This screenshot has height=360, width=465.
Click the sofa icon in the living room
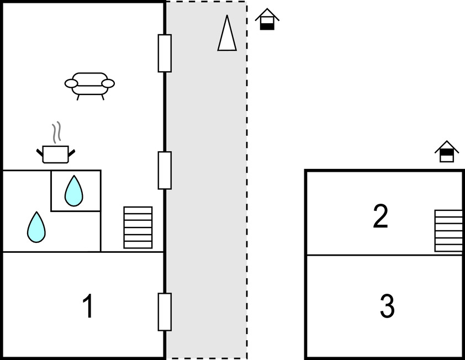coord(89,85)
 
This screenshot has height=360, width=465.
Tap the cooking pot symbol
coord(56,154)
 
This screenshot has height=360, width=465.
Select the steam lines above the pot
coord(56,133)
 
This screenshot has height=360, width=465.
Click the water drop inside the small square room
coord(73,191)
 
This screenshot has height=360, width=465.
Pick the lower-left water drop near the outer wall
coord(36,227)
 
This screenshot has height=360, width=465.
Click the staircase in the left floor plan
coord(138,227)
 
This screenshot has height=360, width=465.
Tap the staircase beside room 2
coord(448,230)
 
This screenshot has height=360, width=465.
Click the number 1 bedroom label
coord(87,306)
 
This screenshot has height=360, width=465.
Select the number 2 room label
coord(381,216)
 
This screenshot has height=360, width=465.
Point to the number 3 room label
coord(387,306)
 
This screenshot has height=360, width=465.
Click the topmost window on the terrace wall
coord(165,53)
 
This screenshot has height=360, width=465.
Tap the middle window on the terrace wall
coord(165,170)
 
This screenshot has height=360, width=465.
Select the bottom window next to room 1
coord(165,312)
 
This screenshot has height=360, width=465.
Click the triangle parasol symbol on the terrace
coord(227,34)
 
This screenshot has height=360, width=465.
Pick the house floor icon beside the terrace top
coord(267,19)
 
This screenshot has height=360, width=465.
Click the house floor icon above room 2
coord(447,152)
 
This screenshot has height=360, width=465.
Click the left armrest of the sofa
coord(71,83)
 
